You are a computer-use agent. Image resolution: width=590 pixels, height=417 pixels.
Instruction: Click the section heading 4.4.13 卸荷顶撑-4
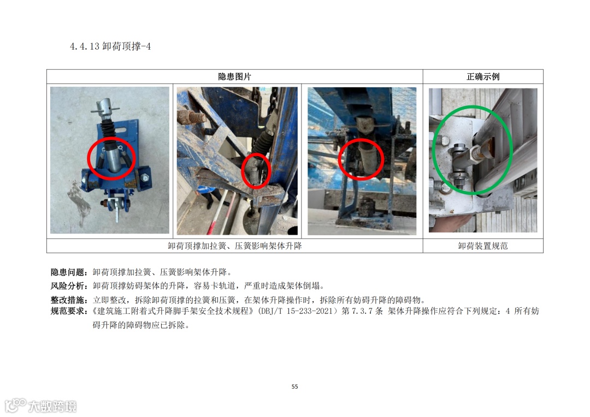(110, 46)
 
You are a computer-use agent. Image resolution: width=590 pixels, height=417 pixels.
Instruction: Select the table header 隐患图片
(234, 77)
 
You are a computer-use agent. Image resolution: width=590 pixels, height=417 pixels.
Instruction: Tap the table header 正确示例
(483, 77)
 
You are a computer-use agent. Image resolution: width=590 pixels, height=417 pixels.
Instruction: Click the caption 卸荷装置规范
(483, 246)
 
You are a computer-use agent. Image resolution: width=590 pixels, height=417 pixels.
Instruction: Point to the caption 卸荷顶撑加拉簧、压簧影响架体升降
(235, 246)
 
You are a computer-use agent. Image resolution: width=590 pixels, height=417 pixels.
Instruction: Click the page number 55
(294, 386)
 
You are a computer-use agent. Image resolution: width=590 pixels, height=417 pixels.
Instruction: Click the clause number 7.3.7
(362, 311)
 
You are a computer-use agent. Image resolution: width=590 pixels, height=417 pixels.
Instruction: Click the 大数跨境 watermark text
(52, 407)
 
